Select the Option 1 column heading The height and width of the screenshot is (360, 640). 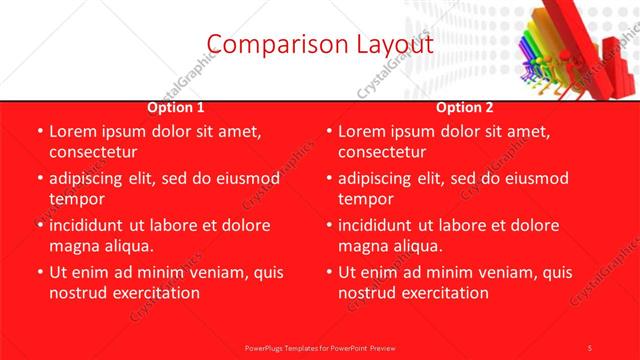tap(176, 107)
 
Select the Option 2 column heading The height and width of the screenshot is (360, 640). tap(465, 107)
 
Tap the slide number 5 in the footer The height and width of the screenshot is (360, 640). tap(590, 347)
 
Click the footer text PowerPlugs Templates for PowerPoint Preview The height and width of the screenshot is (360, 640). tap(319, 347)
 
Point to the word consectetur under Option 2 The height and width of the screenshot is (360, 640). tap(382, 152)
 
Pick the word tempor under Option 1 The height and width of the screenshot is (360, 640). tap(76, 199)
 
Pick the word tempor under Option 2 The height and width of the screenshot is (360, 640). tap(366, 199)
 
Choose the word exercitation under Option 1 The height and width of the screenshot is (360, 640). tap(154, 293)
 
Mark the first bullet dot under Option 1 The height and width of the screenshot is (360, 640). tap(39, 132)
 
